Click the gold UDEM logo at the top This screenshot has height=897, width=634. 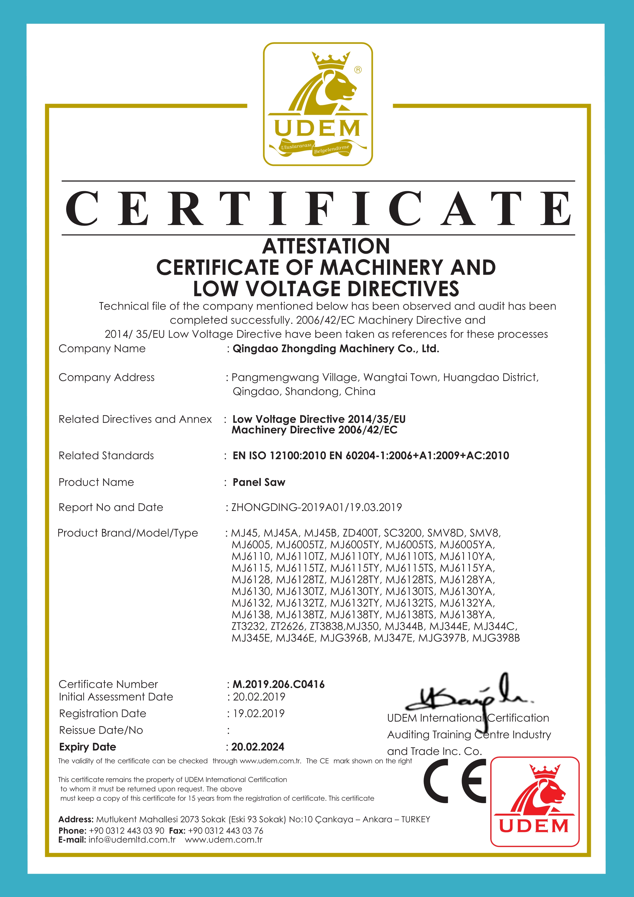(x=318, y=104)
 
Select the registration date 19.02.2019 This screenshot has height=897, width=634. (x=259, y=713)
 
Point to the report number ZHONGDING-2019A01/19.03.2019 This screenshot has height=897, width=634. (x=317, y=507)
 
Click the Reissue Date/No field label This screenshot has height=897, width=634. (x=101, y=730)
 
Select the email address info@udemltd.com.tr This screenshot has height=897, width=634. (x=132, y=840)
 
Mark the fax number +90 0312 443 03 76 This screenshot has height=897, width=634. (x=226, y=830)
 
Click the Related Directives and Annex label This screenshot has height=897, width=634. (x=135, y=419)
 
